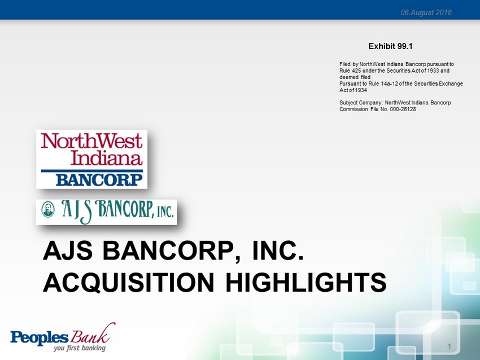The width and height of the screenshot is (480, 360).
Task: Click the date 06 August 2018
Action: [426, 12]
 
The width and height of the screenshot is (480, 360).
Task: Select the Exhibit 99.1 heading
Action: [390, 46]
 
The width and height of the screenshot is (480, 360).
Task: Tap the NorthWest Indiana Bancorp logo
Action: [92, 159]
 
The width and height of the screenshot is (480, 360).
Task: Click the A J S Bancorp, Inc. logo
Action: [107, 212]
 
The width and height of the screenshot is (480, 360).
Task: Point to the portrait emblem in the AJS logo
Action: [48, 209]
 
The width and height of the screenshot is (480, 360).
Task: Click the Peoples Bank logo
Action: [63, 337]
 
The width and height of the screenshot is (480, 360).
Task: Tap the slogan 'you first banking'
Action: [80, 348]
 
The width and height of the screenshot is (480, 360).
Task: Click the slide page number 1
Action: [449, 346]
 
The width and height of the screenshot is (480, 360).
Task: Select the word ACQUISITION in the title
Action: [129, 283]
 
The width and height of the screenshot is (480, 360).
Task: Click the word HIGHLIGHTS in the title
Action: [306, 282]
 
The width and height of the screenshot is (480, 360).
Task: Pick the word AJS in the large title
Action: [68, 251]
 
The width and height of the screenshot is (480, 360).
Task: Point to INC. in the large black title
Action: [278, 250]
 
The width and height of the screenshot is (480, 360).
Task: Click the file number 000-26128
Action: [403, 109]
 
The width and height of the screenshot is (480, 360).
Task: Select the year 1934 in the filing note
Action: [361, 90]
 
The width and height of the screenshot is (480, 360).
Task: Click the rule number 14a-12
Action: [390, 84]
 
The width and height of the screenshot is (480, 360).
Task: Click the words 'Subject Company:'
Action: [361, 103]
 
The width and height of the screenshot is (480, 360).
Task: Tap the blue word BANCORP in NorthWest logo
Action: [99, 180]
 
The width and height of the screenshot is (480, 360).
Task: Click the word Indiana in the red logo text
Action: [107, 158]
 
